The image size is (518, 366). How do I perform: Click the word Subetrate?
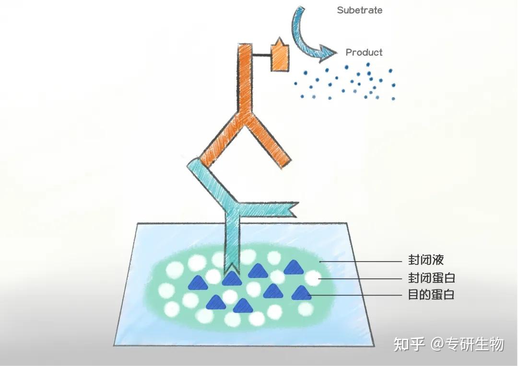click(359, 10)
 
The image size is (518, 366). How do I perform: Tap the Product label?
click(364, 52)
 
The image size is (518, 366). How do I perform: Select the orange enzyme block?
click(280, 57)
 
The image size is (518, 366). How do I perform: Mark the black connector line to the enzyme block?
click(262, 55)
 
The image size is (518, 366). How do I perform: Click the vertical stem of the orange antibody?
click(245, 78)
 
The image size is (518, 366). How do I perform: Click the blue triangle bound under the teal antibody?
click(231, 279)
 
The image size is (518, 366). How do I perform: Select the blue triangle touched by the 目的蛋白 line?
click(301, 293)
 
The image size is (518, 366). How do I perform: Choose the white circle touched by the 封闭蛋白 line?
click(313, 278)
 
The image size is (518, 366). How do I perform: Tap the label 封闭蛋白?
click(432, 277)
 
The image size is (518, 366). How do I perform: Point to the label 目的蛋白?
click(431, 295)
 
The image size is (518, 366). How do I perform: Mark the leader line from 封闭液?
click(360, 262)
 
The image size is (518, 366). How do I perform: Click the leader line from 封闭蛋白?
click(360, 278)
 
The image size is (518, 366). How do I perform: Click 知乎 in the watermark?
click(409, 344)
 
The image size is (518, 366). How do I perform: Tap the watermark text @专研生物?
click(467, 344)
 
